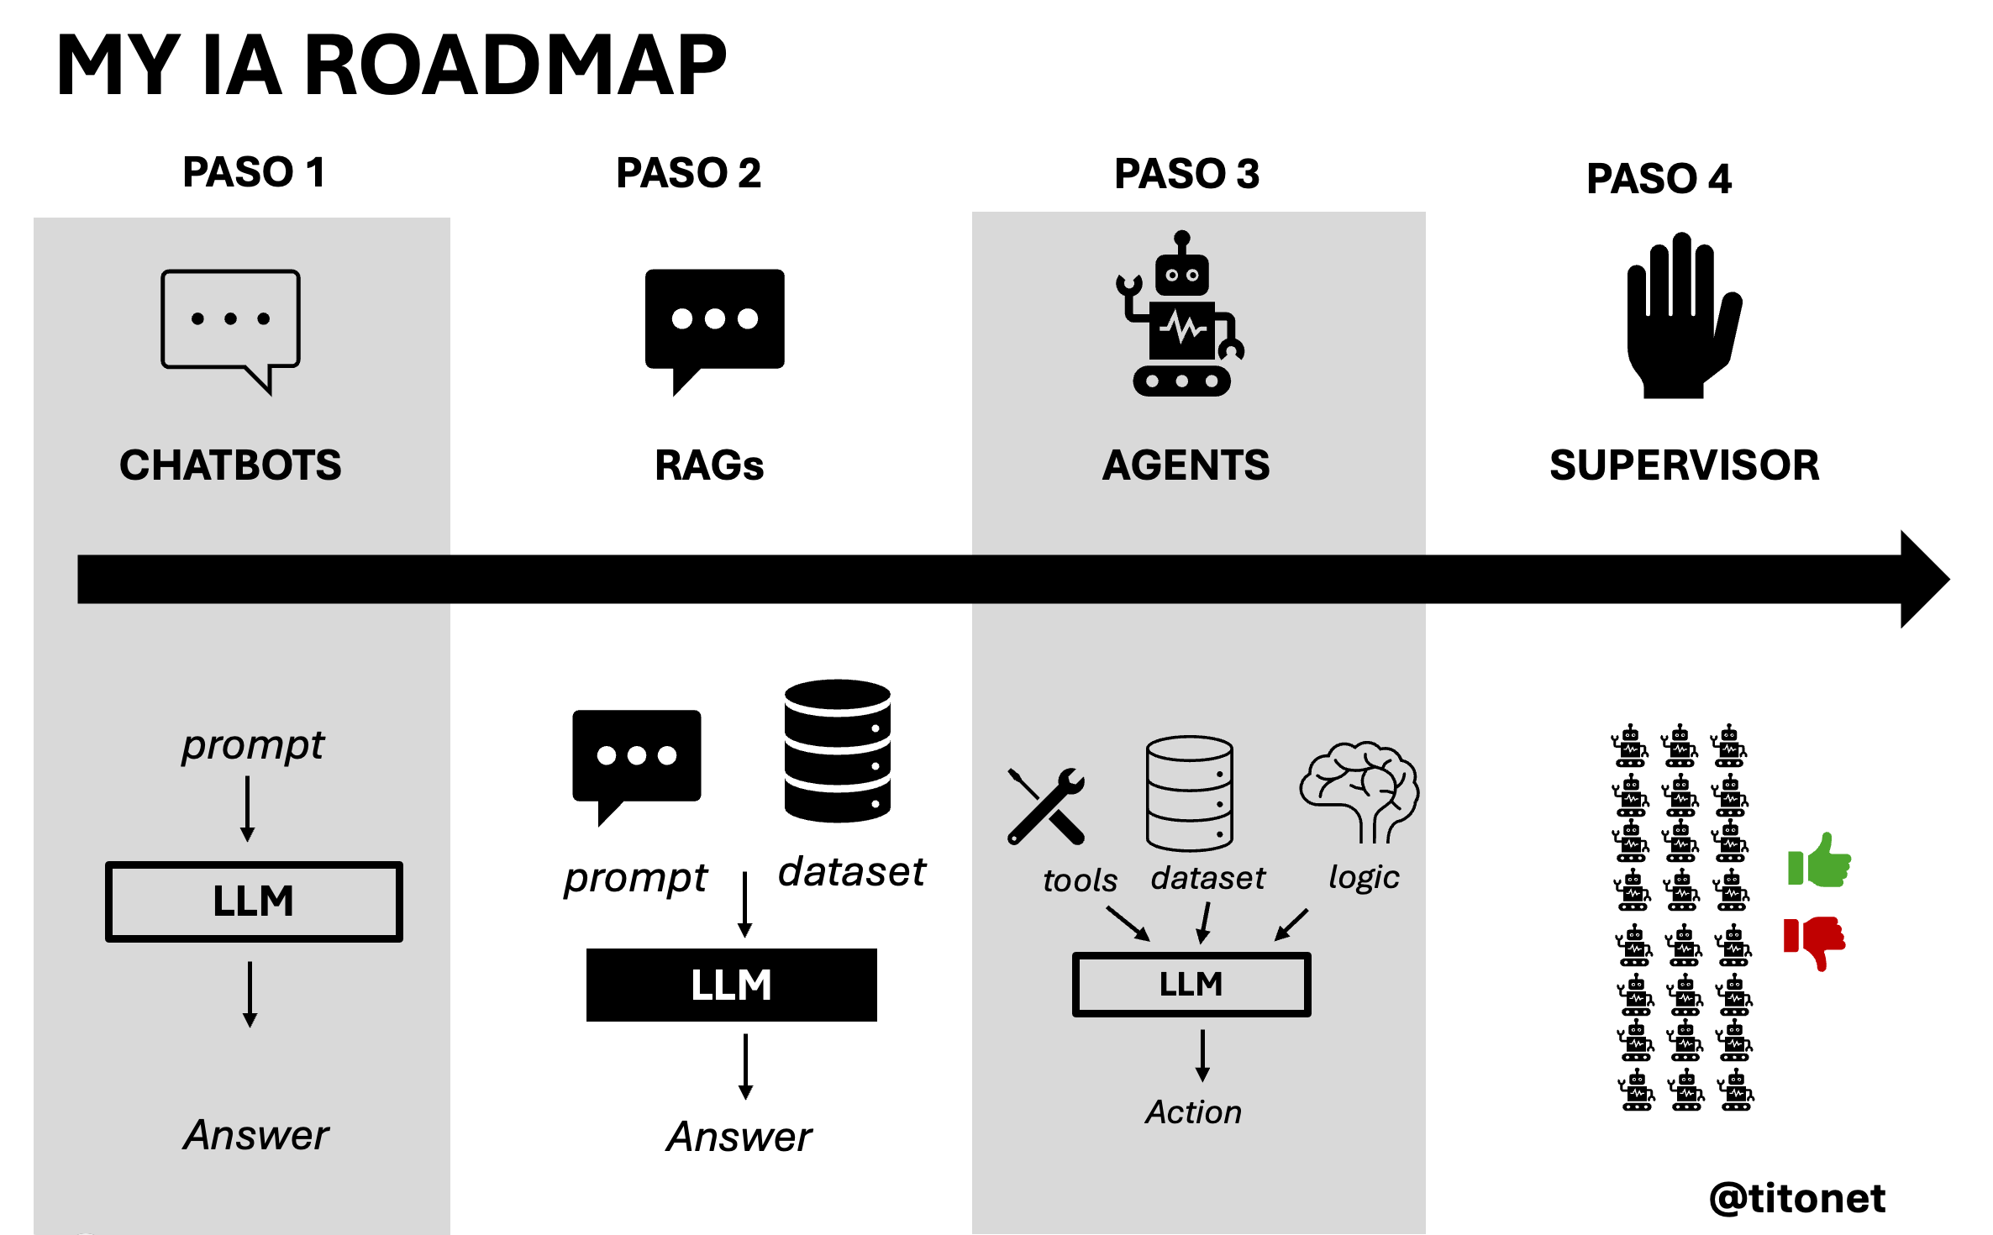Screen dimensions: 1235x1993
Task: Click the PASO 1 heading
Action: point(254,172)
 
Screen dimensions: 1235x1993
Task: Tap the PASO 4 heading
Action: point(1659,178)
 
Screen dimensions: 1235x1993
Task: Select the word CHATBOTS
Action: point(230,465)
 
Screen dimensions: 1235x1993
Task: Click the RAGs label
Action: point(709,465)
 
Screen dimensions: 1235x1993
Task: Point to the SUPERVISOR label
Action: point(1684,465)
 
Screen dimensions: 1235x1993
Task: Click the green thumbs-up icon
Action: point(1819,861)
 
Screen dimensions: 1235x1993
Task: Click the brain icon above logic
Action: point(1359,790)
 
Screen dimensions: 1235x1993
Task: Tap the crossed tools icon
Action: point(1047,807)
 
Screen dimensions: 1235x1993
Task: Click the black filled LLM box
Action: point(731,985)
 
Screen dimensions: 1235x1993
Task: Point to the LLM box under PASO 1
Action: point(254,901)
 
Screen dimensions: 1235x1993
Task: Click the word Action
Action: point(1193,1112)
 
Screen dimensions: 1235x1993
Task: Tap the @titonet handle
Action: point(1798,1198)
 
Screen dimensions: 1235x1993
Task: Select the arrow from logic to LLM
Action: point(1291,924)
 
